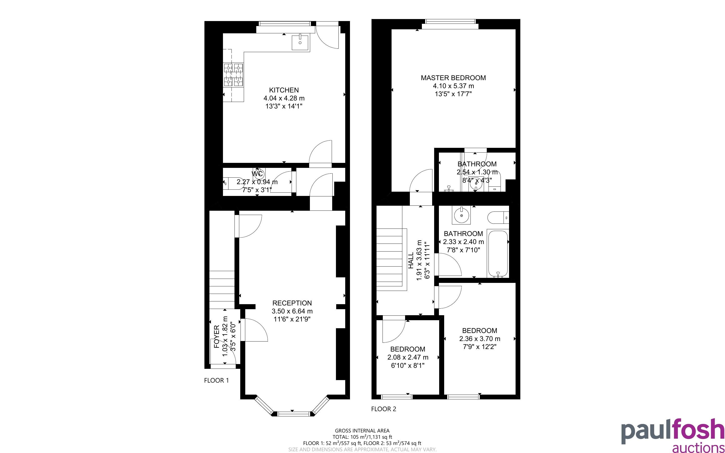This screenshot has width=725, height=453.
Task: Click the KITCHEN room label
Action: (x=284, y=90)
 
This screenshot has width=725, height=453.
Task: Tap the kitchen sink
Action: (x=300, y=42)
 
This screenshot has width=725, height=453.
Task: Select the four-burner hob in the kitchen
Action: (x=233, y=75)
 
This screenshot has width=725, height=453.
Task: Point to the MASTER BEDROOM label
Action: (x=453, y=78)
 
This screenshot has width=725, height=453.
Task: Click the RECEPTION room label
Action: (x=292, y=303)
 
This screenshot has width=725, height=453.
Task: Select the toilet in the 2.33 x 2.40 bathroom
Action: (x=498, y=217)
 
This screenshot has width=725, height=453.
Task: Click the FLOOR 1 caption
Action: (x=216, y=381)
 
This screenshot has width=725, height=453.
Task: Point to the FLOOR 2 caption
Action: (x=384, y=409)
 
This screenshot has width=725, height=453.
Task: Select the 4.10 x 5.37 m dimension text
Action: (x=453, y=86)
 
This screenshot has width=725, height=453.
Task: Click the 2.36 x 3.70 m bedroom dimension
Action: (x=480, y=339)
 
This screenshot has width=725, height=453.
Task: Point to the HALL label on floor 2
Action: (x=411, y=260)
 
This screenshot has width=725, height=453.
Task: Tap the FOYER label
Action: (x=217, y=337)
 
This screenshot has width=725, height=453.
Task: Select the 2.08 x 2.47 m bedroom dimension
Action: (x=408, y=358)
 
